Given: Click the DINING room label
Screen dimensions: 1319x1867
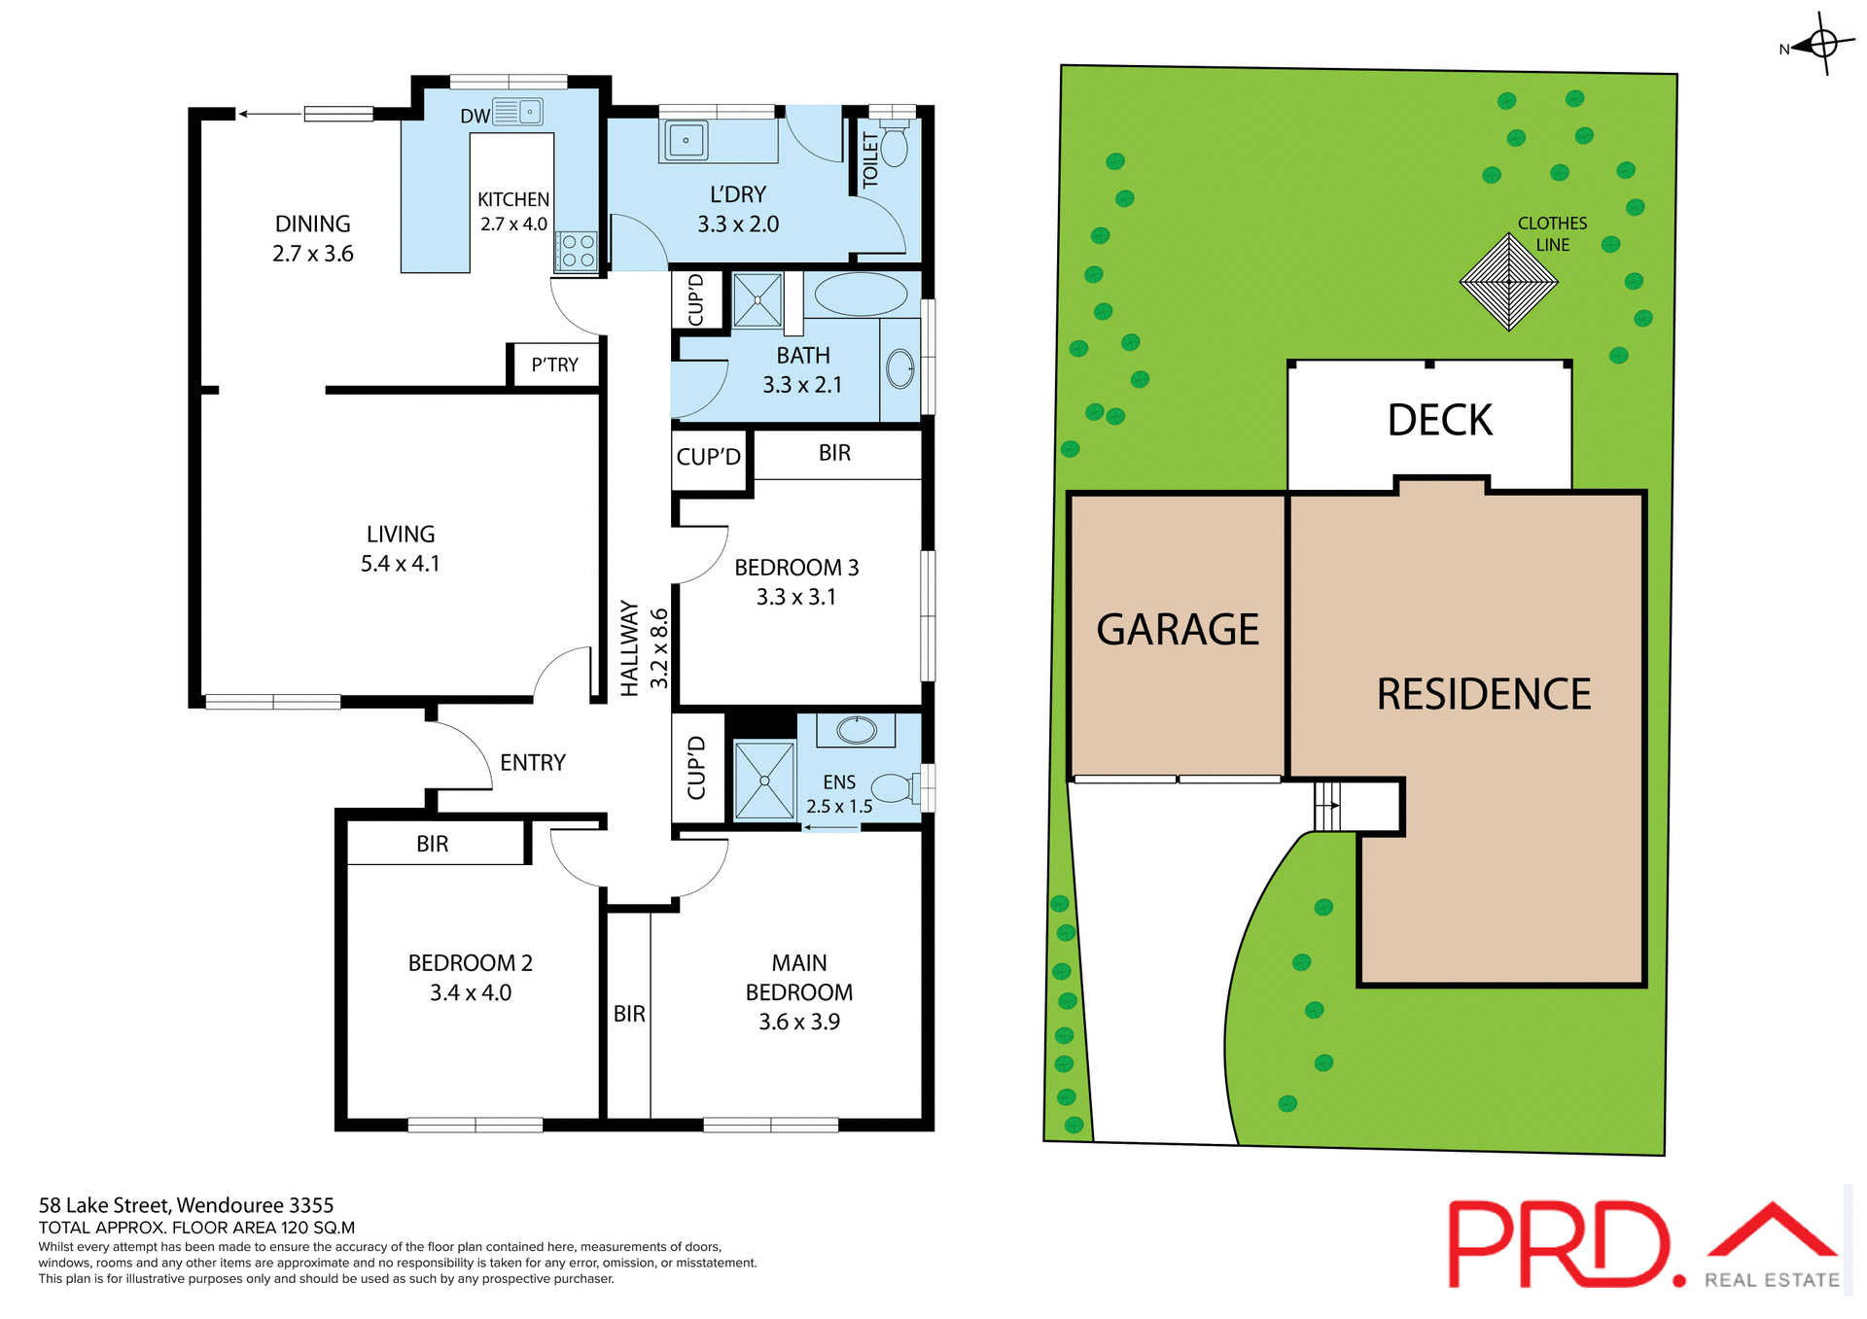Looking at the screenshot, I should pos(312,225).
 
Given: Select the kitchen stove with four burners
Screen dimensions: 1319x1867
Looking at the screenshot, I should pos(578,251).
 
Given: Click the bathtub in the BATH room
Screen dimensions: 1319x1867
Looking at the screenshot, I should pos(861,295).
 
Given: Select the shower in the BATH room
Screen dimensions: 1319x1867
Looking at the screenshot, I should pos(757,300).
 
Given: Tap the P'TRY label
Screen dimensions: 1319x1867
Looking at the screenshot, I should pos(554,364).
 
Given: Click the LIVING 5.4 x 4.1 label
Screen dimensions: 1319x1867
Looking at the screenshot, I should pos(400,548).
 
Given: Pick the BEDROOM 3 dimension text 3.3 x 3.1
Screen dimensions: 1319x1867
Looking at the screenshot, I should pos(795,597).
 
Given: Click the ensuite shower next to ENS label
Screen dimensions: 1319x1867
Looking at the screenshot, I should pos(764,781).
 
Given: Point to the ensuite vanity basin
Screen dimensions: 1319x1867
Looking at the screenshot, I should pos(857,730).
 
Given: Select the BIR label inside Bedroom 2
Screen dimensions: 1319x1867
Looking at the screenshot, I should pos(432,844).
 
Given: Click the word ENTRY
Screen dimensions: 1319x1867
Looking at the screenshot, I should pos(532,763).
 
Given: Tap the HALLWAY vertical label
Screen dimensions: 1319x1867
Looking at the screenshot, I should pos(630,648).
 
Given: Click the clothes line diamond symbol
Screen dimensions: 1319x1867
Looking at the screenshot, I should pos(1508,283).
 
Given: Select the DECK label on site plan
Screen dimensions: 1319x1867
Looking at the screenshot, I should pos(1439,421).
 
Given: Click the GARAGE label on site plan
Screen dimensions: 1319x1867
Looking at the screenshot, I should pos(1177,630).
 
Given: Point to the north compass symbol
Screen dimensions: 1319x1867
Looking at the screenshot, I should pos(1822,44).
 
